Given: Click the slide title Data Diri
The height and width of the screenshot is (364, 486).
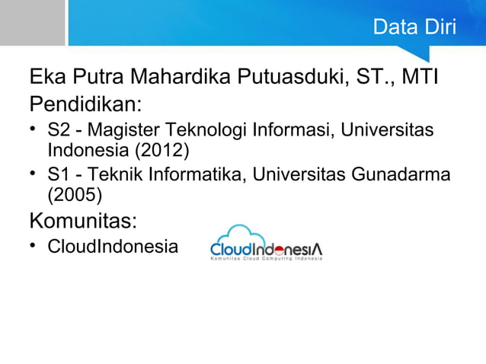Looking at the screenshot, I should tap(414, 28).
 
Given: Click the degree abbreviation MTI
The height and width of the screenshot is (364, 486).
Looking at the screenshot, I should tap(424, 78).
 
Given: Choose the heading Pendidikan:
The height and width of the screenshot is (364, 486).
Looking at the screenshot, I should tap(86, 103).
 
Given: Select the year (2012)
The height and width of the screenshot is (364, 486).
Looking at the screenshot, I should tap(162, 146).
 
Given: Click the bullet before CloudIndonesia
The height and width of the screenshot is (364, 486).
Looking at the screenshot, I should tap(34, 246).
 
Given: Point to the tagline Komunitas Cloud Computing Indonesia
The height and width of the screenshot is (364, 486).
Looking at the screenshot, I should tap(266, 259).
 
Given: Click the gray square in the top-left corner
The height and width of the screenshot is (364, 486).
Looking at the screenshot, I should tap(32, 22).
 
